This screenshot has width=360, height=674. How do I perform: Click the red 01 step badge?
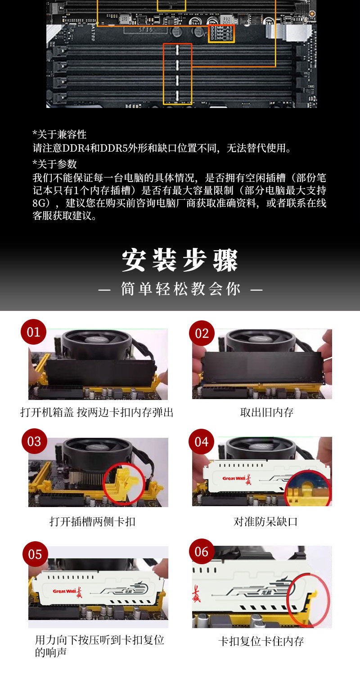click(33, 332)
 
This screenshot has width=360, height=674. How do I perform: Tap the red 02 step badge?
click(202, 333)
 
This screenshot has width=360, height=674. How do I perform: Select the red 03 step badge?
click(34, 441)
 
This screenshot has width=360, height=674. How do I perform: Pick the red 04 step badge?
click(201, 442)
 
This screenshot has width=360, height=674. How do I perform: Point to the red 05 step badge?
click(35, 554)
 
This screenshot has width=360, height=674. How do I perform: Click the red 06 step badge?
click(201, 552)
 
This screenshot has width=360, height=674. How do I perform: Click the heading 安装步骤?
click(180, 261)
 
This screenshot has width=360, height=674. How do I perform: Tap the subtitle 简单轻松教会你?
click(180, 289)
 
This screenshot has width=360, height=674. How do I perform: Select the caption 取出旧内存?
click(267, 412)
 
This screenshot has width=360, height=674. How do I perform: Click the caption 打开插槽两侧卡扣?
click(92, 521)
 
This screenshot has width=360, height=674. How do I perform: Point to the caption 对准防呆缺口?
click(265, 521)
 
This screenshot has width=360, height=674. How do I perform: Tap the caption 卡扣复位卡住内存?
click(261, 641)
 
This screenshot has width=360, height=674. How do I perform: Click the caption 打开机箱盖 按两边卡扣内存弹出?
click(97, 412)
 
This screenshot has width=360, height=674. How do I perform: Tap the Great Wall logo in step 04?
click(237, 478)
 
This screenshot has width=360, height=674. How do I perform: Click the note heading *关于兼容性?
click(59, 134)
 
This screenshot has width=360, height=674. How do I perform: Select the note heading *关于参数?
click(55, 164)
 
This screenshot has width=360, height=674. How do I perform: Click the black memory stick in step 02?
click(262, 368)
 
